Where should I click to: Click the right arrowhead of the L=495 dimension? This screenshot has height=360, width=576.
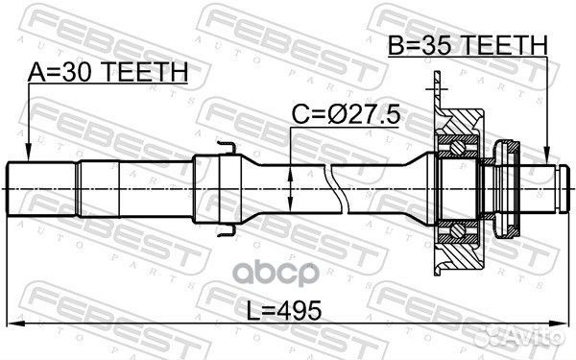(x=564, y=320)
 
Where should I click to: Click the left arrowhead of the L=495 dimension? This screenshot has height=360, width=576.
(x=12, y=320)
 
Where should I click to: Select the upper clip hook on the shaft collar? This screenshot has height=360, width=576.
(x=227, y=147)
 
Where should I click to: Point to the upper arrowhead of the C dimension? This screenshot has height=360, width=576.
(x=291, y=166)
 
